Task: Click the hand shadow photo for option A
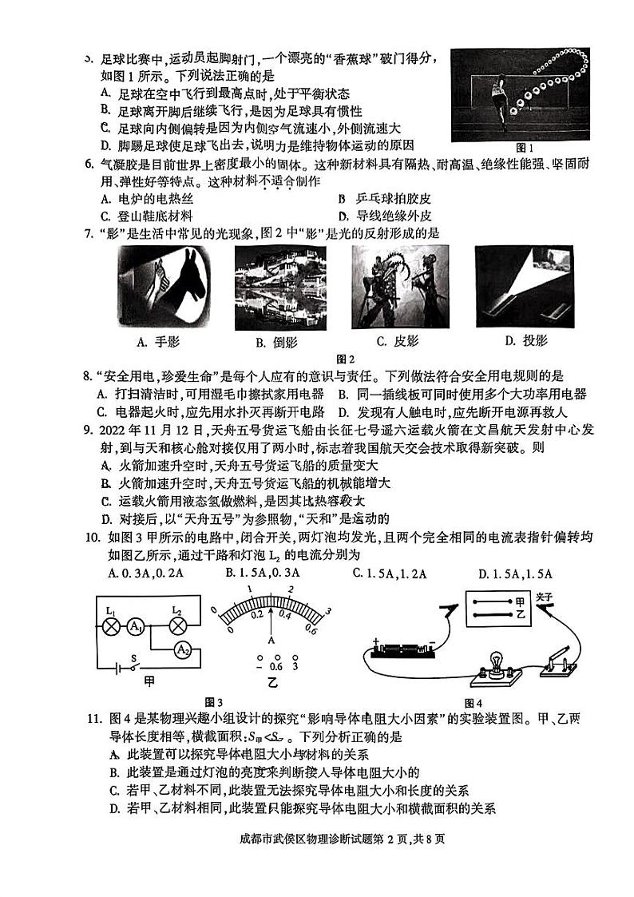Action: point(164,287)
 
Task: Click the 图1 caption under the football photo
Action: point(524,148)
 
